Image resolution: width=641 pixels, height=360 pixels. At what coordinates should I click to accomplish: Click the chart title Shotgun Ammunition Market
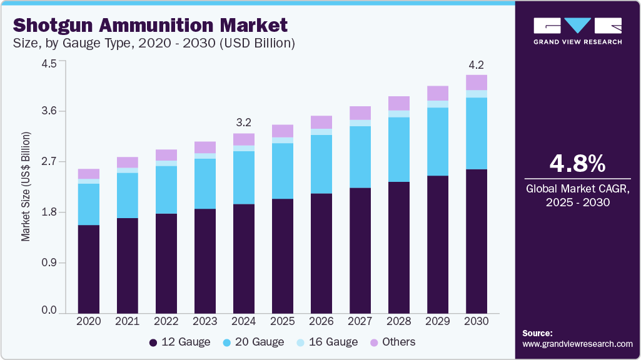coord(150,25)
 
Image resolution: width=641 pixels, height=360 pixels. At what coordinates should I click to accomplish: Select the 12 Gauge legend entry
coord(179,342)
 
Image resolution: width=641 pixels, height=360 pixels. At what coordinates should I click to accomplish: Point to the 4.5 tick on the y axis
coord(49,64)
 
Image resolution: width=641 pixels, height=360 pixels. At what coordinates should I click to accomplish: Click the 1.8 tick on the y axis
coord(49,212)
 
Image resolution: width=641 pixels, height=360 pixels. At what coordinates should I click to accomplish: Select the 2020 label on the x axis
coord(88,321)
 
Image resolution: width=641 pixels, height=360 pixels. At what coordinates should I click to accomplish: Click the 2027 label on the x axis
coord(360,321)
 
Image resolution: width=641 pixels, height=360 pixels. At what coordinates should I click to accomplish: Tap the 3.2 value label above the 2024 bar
coord(243,122)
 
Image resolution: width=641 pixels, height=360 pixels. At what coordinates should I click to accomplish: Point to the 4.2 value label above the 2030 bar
coord(476,65)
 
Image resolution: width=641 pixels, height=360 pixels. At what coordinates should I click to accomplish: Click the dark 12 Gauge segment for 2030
coord(476,241)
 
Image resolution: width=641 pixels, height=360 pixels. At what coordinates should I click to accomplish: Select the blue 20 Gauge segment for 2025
coord(282,171)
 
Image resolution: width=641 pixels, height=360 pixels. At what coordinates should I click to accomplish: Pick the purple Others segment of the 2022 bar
coord(166,155)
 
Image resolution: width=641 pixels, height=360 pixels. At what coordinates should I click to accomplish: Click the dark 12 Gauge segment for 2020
coord(88,269)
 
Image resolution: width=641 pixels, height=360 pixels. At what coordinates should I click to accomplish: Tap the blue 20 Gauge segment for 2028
coord(398,149)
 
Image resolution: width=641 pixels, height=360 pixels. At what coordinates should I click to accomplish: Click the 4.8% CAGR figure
coord(577,163)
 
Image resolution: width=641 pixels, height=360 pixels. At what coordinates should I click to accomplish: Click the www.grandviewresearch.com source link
coord(577,344)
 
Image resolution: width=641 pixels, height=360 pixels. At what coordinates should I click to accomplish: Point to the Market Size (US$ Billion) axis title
coord(26,187)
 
